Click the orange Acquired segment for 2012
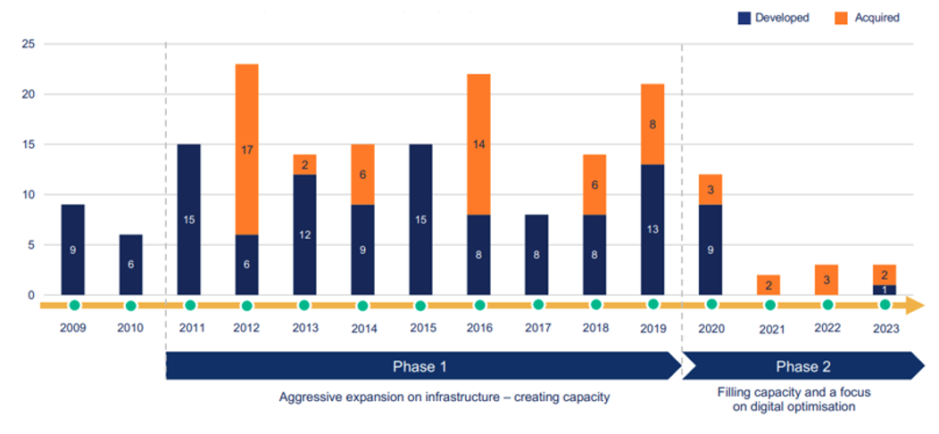246,150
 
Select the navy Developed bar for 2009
72,250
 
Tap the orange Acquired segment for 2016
478,143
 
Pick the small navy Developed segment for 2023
885,290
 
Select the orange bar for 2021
769,284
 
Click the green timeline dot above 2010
131,306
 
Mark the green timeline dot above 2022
827,306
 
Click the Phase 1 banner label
420,366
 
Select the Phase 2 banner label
797,366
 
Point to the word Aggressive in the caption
309,397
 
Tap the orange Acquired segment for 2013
304,165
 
